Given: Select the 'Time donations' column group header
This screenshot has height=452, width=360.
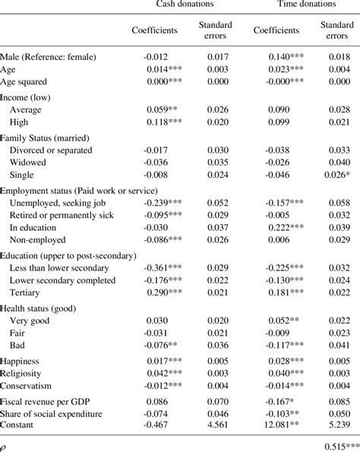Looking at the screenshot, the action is coord(305,4).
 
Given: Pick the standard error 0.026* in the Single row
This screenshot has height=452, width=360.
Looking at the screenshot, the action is coord(336,175).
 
